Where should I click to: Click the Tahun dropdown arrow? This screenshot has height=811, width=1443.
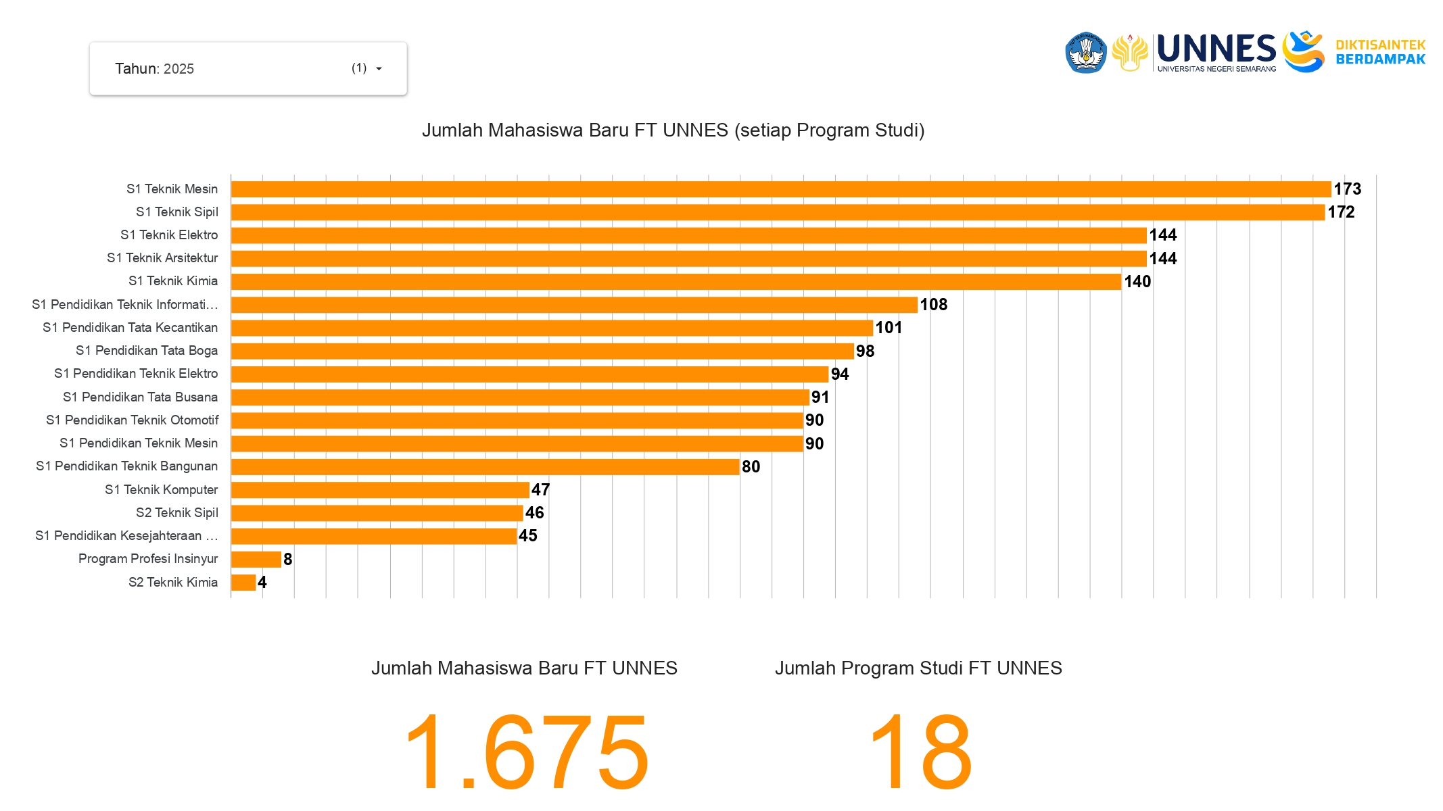pos(379,69)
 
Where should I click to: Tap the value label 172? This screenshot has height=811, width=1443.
pos(1340,212)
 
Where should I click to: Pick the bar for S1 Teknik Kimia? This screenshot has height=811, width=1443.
pos(676,282)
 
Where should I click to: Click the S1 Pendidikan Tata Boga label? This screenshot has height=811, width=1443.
pos(147,351)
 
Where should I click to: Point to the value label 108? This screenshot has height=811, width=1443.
pos(933,305)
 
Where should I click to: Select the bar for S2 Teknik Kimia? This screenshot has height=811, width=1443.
pos(243,583)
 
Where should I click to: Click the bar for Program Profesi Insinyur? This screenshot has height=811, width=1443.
pos(256,560)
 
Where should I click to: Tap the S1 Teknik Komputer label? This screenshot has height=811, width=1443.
pos(161,490)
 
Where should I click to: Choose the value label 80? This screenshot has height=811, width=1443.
pos(751,467)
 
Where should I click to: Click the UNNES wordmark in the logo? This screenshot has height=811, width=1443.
pos(1216,49)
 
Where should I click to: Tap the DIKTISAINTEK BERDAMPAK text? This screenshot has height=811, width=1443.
pos(1380,52)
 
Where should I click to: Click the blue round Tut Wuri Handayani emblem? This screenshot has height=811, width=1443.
pos(1085,52)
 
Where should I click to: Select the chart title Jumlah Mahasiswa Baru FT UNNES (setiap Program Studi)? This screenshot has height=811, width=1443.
pos(673,130)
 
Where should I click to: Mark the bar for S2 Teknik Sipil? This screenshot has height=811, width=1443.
pos(377,513)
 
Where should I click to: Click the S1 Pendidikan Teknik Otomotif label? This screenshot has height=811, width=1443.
pos(133,420)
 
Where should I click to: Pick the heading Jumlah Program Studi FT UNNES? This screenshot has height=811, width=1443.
pos(918,668)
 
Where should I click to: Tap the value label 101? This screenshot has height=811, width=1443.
pos(888,328)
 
